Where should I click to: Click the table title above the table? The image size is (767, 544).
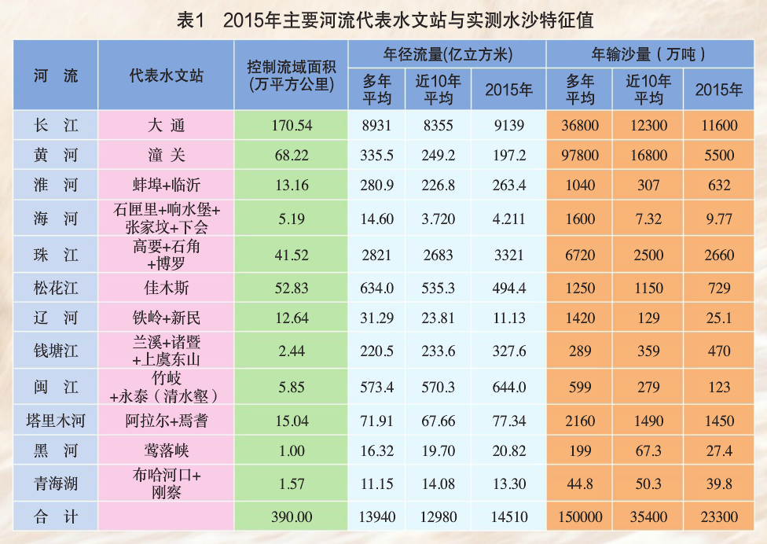383,19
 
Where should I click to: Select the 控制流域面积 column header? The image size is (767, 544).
291,75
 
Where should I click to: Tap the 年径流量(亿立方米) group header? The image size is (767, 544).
447,54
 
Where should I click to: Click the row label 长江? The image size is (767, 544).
56,126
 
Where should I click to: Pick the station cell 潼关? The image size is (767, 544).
166,156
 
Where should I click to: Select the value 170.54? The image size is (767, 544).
291,126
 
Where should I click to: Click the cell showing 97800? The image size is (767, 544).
580,156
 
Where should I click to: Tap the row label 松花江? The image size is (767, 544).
56,289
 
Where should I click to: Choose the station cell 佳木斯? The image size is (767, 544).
166,289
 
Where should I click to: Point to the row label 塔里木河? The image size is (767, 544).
56,421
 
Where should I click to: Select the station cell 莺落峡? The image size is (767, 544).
166,451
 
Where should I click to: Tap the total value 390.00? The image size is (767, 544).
291,516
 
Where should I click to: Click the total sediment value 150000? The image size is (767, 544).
580,516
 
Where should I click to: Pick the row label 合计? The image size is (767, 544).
56,516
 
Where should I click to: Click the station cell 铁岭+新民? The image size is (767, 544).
166,318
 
